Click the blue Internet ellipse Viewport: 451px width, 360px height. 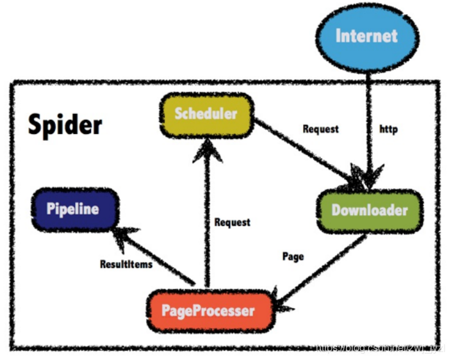(x=366, y=37)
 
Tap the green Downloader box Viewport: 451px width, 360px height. (x=370, y=210)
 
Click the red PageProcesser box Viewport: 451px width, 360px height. (x=208, y=312)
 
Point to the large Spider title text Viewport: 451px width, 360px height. (x=65, y=124)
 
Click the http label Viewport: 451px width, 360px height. (x=388, y=129)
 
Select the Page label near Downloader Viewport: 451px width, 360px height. (x=293, y=256)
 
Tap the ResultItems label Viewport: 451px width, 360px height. (x=126, y=263)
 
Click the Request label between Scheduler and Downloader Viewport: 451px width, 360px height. (x=320, y=129)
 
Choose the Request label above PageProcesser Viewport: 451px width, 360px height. (x=232, y=222)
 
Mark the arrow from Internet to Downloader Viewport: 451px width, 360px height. (x=369, y=115)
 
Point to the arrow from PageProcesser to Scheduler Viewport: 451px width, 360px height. (x=206, y=218)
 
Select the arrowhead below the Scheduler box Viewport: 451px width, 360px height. (x=206, y=149)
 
